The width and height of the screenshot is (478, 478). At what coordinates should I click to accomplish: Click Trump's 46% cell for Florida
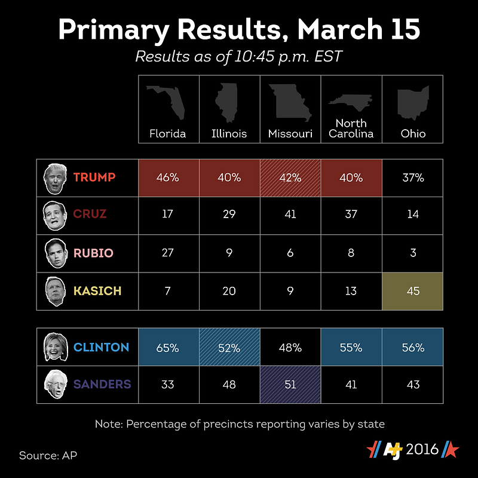(168, 177)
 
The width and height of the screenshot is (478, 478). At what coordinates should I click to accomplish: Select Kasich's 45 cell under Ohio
(412, 291)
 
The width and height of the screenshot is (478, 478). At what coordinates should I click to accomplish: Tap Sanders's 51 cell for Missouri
(290, 384)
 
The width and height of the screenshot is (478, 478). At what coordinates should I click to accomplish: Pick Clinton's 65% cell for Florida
(168, 347)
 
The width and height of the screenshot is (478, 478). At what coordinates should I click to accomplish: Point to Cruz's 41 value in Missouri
(290, 215)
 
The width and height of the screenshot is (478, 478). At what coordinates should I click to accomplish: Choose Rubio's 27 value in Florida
(168, 253)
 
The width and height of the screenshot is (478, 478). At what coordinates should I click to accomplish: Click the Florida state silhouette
(166, 102)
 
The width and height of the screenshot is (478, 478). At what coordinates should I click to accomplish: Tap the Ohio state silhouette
(413, 102)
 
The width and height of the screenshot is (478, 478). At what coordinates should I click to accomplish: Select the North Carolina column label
(351, 128)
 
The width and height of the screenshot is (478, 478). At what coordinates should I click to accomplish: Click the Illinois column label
(229, 133)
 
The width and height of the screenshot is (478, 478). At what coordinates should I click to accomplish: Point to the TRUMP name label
(94, 177)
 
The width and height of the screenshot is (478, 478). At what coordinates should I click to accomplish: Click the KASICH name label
(97, 291)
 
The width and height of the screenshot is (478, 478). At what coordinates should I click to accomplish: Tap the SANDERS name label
(102, 384)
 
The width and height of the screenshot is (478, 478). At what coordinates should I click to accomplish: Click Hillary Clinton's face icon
(56, 347)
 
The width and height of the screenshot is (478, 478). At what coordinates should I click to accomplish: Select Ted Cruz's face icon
(55, 216)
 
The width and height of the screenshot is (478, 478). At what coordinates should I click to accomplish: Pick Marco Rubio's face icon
(56, 253)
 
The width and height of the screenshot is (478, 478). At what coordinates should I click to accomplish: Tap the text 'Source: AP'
(48, 455)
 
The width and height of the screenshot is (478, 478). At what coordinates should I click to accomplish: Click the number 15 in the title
(405, 29)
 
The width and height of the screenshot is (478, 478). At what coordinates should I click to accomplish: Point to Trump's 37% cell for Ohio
(412, 177)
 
